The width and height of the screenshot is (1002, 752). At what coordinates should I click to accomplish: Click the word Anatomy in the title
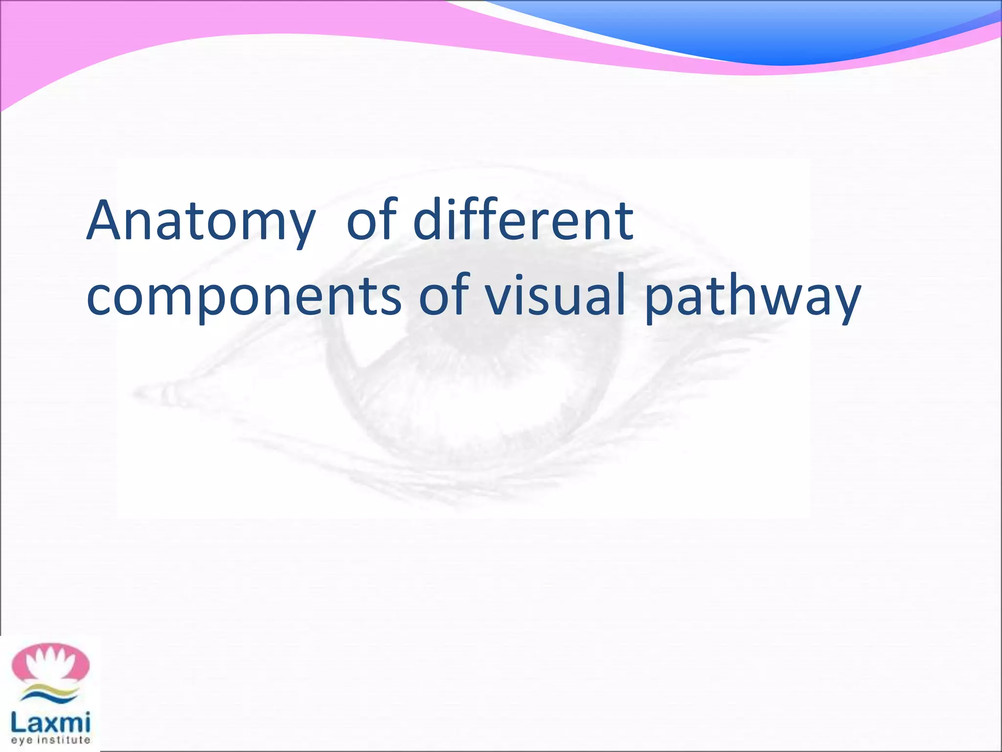[201, 221]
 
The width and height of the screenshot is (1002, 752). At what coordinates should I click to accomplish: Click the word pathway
[752, 297]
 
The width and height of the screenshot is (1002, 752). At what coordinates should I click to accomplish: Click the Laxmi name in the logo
[51, 722]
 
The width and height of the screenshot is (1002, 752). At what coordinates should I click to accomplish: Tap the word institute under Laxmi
[64, 740]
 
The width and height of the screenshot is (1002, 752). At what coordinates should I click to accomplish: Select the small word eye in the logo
[22, 740]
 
